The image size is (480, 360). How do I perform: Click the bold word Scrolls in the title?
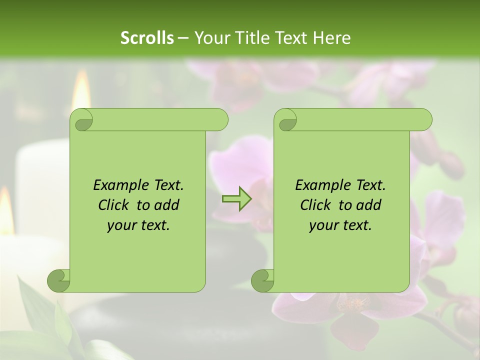pos(147,38)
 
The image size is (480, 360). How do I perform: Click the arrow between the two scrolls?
pos(237,198)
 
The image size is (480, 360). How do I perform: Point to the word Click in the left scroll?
pos(115,205)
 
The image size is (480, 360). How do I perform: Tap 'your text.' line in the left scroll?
pos(138,225)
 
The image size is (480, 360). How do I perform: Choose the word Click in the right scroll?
pos(317,205)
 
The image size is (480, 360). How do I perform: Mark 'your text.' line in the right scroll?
pos(340,225)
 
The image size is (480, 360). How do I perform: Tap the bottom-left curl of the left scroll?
pos(59,280)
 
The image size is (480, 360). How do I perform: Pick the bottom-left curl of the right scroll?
pos(263,280)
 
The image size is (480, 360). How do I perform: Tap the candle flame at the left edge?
pos(6,210)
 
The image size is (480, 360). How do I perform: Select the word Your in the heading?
pos(210,38)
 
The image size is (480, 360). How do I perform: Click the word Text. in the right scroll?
pos(370,185)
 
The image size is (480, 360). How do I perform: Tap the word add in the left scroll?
pos(167,205)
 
